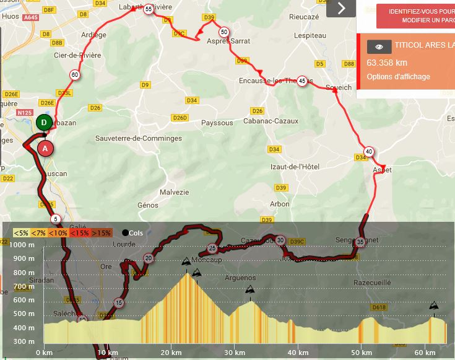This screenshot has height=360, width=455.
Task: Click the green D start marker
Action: tap(44, 122)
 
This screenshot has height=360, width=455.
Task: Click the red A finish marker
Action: tap(45, 149)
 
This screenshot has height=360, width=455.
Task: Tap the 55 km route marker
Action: tap(148, 9)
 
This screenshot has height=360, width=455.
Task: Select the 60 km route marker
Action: tap(74, 75)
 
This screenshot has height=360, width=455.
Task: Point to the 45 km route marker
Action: tap(301, 81)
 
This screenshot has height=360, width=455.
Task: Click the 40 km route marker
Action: tap(369, 151)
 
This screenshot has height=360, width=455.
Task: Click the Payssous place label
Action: tap(217, 123)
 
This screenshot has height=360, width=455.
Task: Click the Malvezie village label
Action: tap(174, 192)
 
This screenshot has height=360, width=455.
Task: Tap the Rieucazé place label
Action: tap(303, 17)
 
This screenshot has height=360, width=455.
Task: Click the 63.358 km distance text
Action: tap(387, 63)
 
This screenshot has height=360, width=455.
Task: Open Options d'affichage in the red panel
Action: tap(398, 77)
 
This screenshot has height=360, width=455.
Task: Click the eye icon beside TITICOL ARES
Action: tap(379, 46)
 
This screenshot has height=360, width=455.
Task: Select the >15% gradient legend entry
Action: tap(102, 233)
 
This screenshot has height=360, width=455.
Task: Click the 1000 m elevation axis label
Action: tap(22, 245)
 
